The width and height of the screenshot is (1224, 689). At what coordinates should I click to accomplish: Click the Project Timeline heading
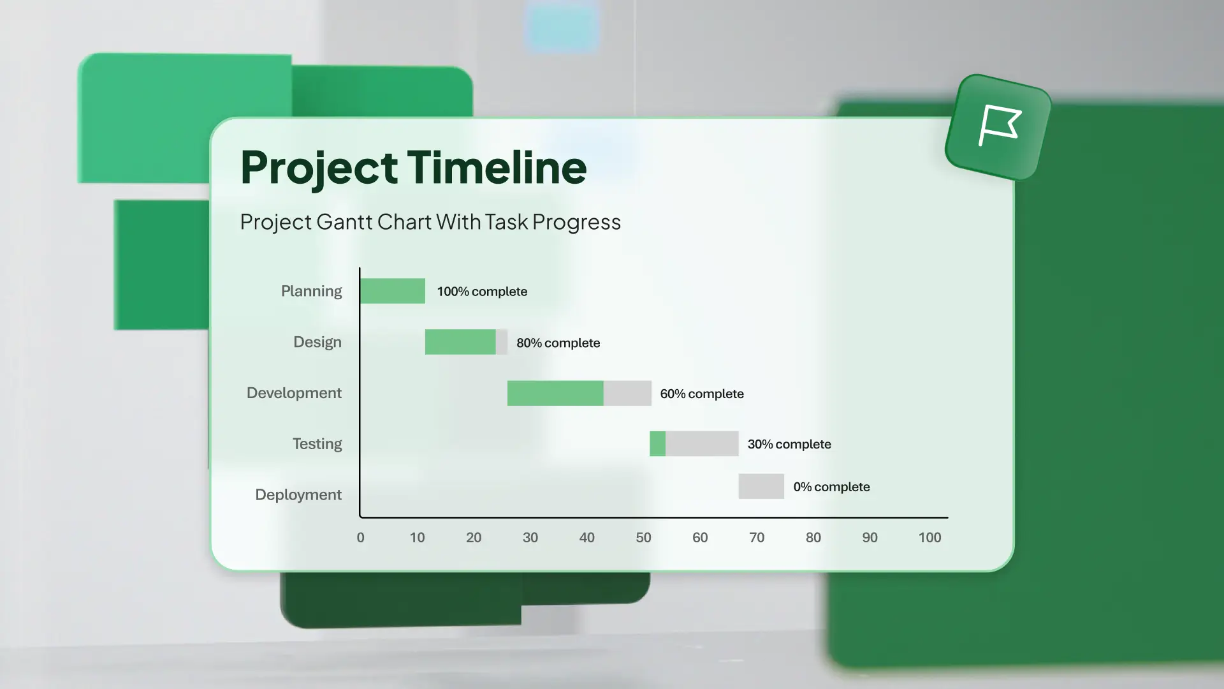[413, 167]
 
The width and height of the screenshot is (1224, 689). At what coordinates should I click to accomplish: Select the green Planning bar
[393, 291]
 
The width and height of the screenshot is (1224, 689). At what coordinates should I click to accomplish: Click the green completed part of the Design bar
[460, 342]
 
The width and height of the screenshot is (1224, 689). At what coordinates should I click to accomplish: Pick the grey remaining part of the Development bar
[627, 393]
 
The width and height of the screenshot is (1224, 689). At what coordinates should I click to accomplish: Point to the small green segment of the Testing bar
[657, 443]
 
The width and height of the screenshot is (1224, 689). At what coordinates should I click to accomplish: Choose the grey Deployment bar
[761, 486]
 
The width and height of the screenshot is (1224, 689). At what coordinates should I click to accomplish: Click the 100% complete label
[482, 292]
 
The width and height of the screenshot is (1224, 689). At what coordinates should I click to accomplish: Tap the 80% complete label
[558, 343]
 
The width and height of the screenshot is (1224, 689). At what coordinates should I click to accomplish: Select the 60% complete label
[702, 394]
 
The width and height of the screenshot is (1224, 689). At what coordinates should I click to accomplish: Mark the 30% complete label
[789, 444]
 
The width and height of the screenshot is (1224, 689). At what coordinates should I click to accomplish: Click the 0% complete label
[831, 487]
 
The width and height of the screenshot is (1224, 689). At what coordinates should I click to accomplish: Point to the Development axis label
[294, 393]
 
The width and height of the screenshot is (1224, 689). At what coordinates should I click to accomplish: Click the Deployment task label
[298, 495]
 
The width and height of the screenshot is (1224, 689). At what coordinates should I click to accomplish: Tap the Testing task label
[317, 444]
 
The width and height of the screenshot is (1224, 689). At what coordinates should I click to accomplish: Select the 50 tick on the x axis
[643, 538]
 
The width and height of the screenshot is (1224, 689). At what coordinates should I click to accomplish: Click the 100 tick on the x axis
[929, 538]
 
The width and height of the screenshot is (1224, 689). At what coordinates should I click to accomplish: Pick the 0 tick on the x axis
[361, 538]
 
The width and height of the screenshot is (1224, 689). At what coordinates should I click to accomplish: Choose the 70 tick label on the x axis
[757, 538]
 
